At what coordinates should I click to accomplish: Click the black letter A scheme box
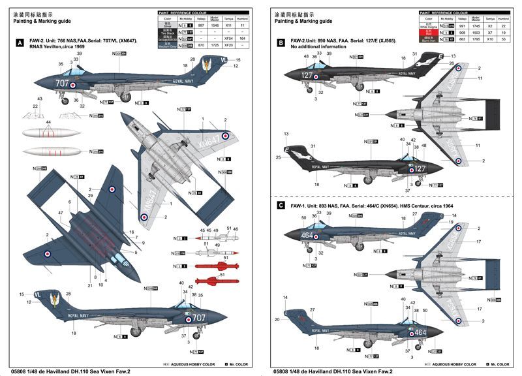20,44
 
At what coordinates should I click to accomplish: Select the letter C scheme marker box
281,205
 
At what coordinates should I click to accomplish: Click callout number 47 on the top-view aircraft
60,212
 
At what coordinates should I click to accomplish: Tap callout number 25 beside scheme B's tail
278,157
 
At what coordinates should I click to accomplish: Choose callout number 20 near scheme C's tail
277,319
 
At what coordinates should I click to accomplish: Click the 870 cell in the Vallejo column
201,46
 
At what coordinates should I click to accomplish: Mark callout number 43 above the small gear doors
40,99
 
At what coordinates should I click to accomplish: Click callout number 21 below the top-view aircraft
89,285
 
